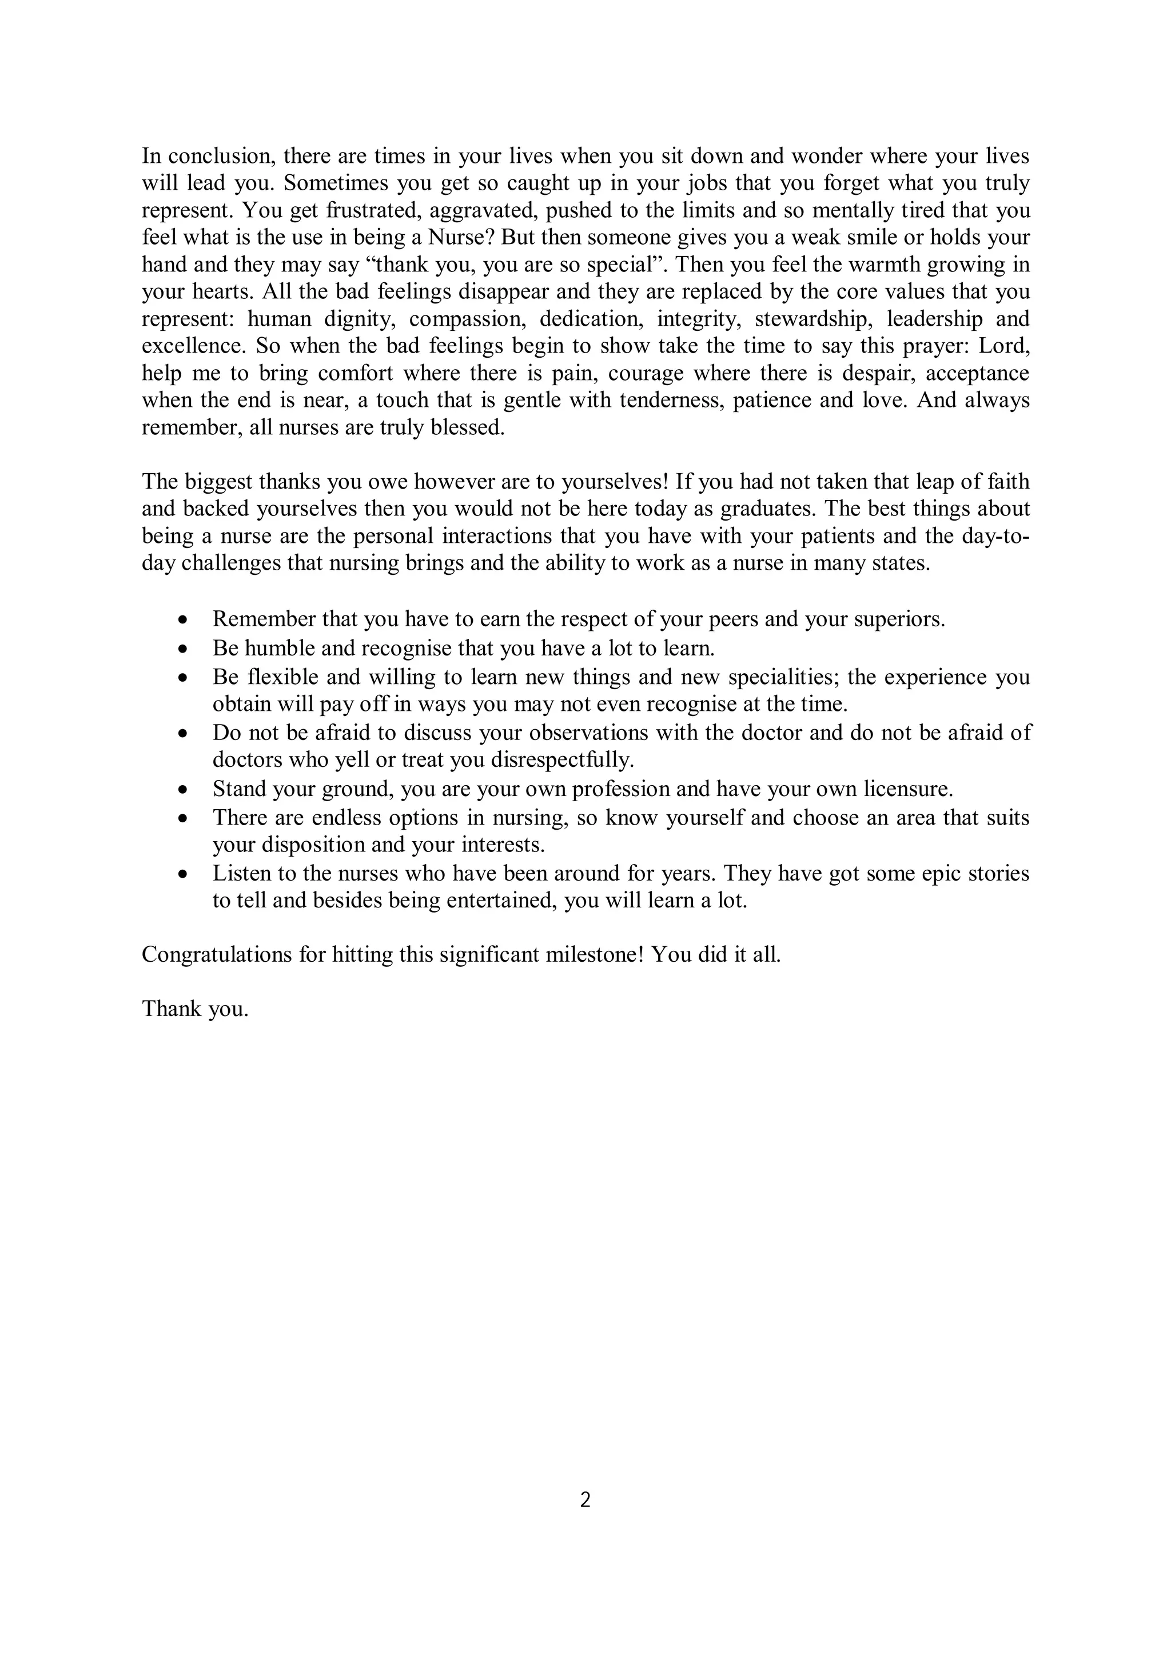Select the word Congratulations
214,955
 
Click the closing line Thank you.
195,1009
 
